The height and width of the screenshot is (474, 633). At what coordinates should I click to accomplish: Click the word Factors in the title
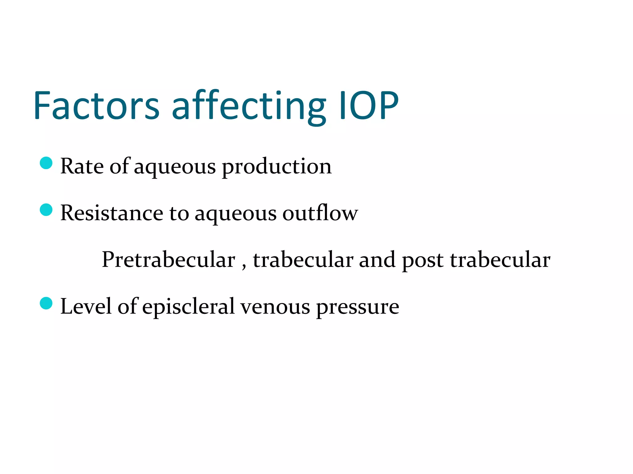[x=96, y=106]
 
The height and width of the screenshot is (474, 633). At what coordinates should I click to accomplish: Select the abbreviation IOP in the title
[x=369, y=106]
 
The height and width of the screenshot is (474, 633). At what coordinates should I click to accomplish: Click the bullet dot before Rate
[x=46, y=163]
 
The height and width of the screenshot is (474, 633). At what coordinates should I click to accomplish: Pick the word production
[x=277, y=167]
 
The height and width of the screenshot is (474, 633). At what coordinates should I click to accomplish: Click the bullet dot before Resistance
[x=46, y=210]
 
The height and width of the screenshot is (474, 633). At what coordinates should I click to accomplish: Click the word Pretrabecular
[x=168, y=260]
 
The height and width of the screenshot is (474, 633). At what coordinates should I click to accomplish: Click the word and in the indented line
[x=377, y=260]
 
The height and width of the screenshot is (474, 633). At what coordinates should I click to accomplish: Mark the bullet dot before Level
[x=46, y=303]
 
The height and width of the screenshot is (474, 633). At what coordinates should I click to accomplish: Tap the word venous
[x=275, y=307]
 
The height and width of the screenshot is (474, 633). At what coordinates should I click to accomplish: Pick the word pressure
[x=358, y=308]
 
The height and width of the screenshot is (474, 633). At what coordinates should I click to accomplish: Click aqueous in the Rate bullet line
[x=175, y=168]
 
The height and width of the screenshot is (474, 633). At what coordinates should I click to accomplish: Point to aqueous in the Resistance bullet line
[x=236, y=214]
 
